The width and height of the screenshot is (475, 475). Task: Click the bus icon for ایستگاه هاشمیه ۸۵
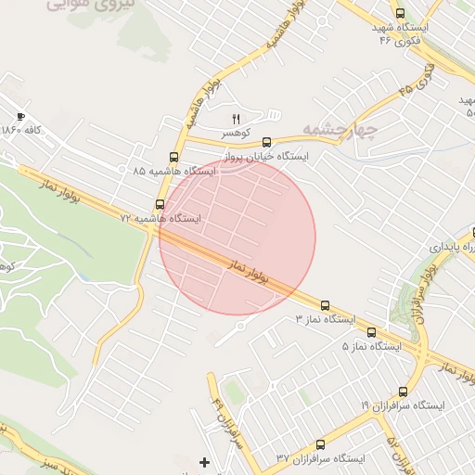174,157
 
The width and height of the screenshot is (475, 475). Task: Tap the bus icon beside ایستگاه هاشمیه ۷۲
160,204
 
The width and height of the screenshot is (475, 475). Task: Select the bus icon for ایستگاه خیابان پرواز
267,142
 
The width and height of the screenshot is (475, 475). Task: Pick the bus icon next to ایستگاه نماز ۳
325,305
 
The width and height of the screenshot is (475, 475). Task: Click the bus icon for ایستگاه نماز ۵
371,332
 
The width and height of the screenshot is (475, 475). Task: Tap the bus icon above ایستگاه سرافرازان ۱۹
403,392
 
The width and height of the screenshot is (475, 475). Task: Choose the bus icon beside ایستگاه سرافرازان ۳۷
320,445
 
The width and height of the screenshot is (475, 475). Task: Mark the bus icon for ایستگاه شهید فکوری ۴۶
400,14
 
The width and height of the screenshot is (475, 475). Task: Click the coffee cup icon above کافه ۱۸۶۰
21,117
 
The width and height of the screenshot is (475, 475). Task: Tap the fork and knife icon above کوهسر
235,118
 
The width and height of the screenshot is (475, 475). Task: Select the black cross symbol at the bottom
205,461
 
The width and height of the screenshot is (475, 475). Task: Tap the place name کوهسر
234,134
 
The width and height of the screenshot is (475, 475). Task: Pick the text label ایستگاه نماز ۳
325,319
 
